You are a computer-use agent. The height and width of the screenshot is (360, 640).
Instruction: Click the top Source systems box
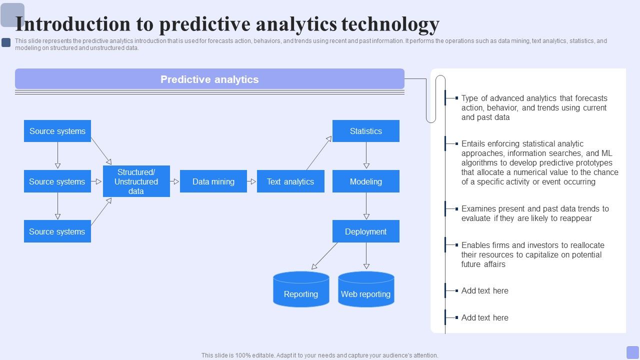pos(57,131)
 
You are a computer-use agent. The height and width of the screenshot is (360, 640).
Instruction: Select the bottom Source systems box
pos(57,231)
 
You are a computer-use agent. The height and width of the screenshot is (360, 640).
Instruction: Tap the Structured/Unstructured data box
pos(136,181)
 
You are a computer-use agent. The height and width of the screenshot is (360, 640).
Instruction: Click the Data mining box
pos(213,181)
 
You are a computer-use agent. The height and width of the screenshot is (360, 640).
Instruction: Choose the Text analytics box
pos(290,181)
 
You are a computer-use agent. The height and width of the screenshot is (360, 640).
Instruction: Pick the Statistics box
pos(365,131)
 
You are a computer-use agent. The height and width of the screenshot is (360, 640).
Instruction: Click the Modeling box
pos(365,181)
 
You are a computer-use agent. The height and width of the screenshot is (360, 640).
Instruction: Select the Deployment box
pos(365,231)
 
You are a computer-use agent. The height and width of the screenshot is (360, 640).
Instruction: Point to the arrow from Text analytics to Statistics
pos(319,153)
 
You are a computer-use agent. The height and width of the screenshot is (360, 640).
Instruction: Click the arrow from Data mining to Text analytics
pos(251,181)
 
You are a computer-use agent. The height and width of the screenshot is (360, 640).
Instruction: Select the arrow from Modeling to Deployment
pos(366,206)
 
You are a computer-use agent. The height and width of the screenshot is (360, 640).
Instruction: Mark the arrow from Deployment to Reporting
pos(324,256)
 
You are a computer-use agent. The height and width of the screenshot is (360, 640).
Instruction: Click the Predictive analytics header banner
pos(209,79)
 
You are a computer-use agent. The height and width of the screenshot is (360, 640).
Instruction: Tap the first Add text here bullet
pos(484,290)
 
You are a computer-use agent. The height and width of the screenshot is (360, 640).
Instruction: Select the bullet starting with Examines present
pos(534,213)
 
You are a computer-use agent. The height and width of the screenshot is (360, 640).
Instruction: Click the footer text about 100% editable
pos(320,355)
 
